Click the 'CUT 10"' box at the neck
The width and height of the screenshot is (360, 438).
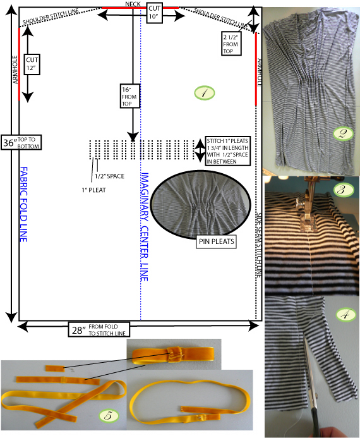point(154,13)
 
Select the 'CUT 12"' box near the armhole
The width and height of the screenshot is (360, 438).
point(32,64)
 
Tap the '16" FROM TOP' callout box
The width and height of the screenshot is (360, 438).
point(129,96)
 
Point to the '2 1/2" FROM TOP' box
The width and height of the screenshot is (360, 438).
point(231,44)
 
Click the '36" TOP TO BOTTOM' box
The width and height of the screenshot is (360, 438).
point(21,142)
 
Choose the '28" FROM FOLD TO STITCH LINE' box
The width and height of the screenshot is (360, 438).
point(99,330)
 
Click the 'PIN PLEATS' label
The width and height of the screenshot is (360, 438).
point(216,241)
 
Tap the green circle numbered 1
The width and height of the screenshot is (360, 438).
point(204,93)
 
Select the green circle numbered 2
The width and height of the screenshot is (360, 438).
point(343,133)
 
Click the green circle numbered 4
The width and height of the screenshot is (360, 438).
point(346,315)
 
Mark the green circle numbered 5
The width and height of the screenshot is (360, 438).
point(109,416)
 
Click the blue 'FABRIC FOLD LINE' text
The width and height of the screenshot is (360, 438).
point(24,205)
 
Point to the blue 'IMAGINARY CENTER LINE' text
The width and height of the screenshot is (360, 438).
point(145,226)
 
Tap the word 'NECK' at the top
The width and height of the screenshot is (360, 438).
point(133,4)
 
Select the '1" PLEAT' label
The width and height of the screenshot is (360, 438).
point(93,190)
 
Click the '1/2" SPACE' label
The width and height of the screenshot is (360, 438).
point(109,176)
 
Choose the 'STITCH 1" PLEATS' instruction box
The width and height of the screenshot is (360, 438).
point(227,151)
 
